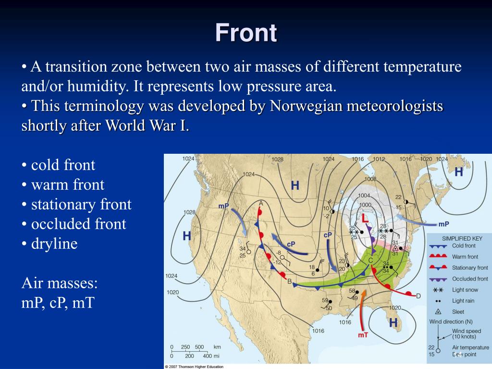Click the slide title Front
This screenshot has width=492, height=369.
tap(246, 33)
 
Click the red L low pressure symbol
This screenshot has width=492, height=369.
tap(365, 219)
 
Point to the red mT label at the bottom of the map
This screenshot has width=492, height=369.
tap(363, 334)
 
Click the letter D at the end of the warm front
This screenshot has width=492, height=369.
tap(418, 296)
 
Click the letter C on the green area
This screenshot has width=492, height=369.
tap(370, 260)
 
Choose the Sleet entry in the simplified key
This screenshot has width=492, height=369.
tap(459, 312)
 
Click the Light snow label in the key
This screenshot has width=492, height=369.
tap(465, 290)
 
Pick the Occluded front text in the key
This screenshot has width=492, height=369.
tap(469, 279)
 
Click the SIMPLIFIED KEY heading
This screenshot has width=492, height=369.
tap(462, 238)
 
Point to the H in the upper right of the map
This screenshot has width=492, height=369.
tap(459, 172)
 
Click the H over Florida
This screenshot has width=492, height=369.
tap(393, 323)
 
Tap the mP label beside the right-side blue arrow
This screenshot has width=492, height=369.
tap(443, 224)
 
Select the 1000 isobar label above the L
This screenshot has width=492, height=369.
tap(366, 205)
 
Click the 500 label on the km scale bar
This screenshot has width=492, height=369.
tap(200, 347)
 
